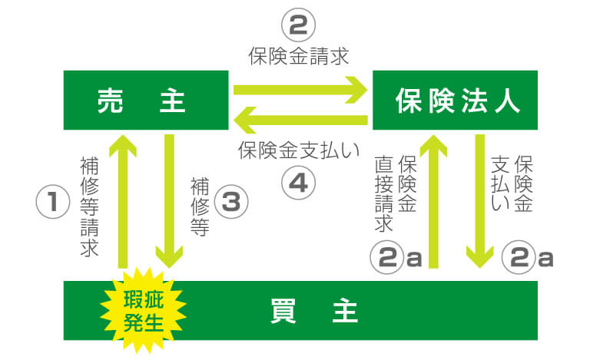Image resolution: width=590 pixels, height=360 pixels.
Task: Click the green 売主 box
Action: tap(146, 100)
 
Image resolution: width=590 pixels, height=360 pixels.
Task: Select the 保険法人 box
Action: tap(455, 100)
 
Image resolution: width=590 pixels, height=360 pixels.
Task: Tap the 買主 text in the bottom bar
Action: tap(313, 311)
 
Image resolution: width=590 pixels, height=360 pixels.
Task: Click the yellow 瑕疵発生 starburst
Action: tap(144, 311)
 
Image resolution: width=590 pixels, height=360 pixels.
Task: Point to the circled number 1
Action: tap(53, 201)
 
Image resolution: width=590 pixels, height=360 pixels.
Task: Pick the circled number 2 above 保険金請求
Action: tap(298, 25)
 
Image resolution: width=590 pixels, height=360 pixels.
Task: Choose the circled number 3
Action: tap(231, 201)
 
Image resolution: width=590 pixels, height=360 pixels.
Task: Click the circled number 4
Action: tap(298, 183)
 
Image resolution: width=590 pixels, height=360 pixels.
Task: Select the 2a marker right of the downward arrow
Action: tap(528, 257)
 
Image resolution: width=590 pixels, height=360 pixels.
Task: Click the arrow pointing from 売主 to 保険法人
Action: tap(300, 90)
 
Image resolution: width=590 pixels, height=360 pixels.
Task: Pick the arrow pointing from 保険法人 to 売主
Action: tap(300, 120)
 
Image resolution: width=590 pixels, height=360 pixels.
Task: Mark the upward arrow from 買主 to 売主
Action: tap(123, 201)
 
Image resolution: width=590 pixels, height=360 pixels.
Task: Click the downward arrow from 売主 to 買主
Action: tap(169, 201)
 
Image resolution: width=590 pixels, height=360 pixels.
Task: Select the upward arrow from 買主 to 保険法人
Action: tap(433, 201)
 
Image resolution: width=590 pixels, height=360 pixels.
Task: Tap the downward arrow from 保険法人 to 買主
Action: tap(479, 201)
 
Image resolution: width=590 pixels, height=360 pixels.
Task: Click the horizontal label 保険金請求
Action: tap(299, 56)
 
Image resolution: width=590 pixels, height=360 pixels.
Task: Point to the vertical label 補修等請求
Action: tap(90, 207)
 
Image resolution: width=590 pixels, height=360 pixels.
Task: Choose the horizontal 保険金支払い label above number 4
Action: tap(299, 150)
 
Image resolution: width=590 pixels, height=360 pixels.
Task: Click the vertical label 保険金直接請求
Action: tap(396, 193)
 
